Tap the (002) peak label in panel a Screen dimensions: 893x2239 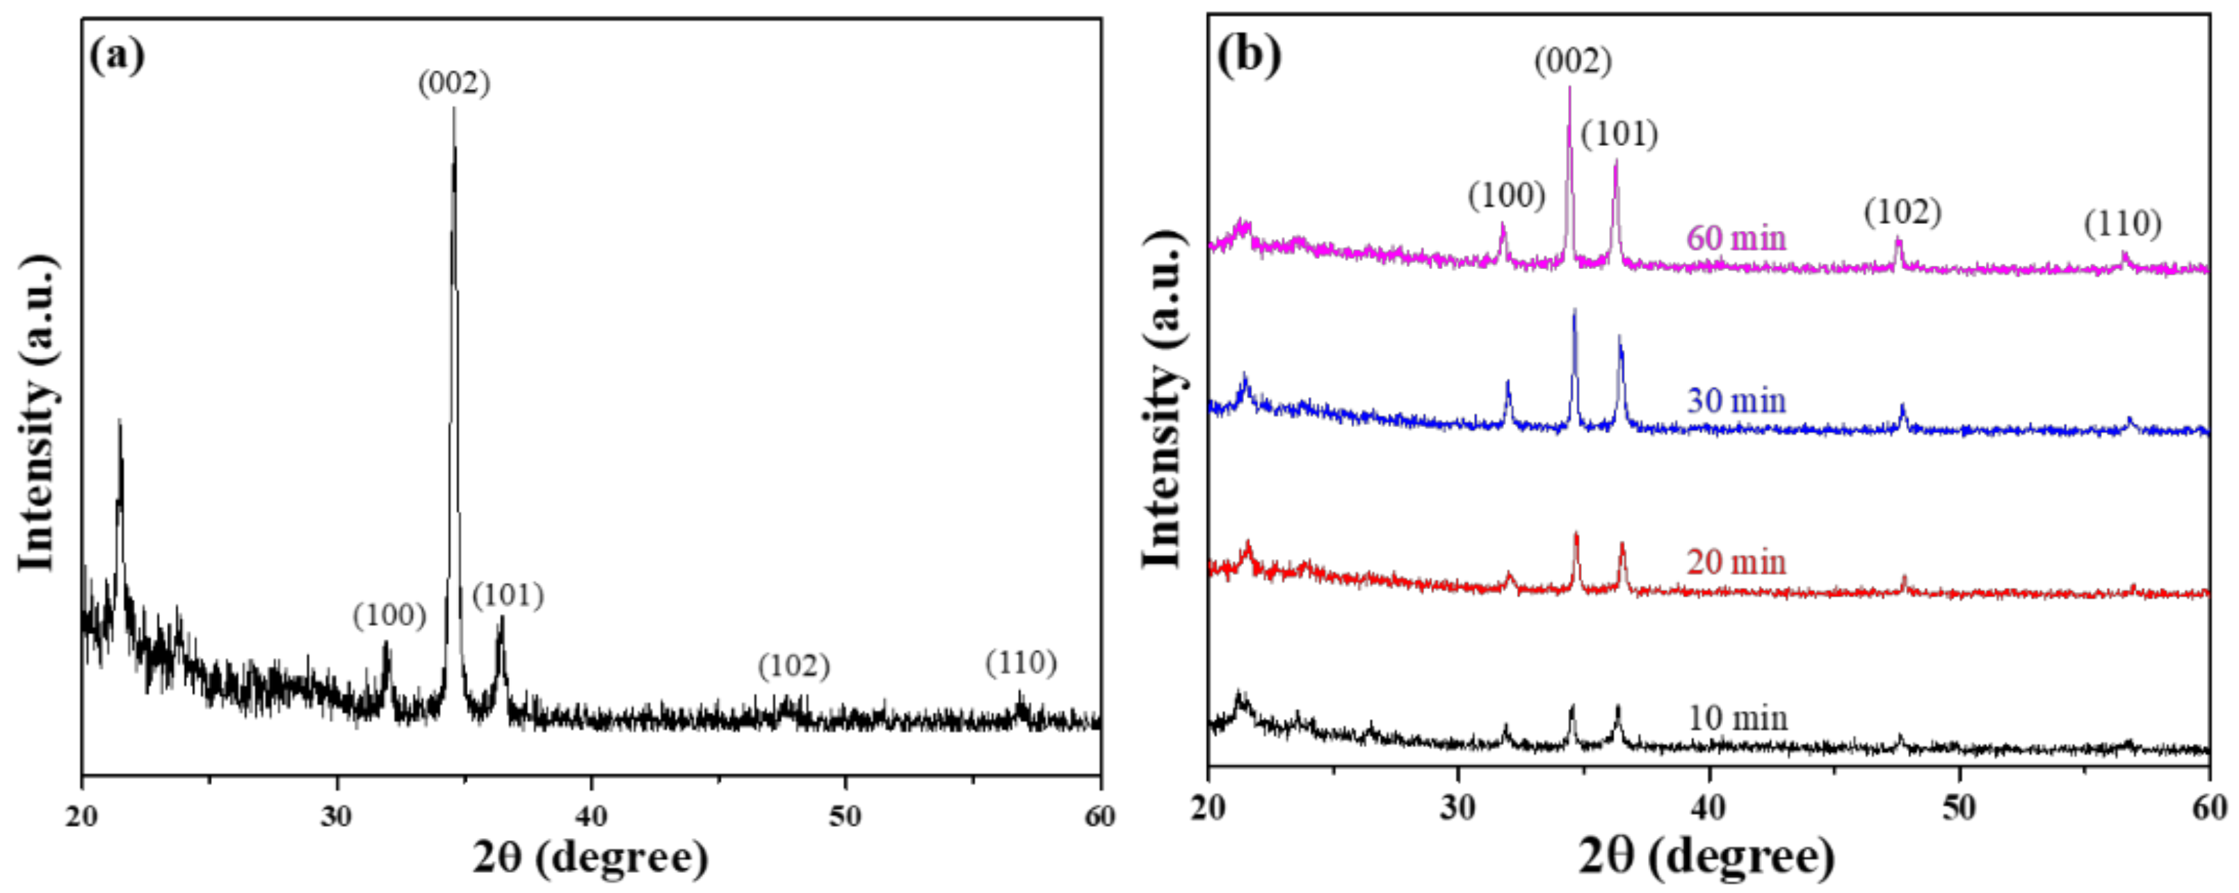[x=453, y=83]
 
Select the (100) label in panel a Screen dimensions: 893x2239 [x=389, y=616]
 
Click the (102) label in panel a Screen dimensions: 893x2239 [x=793, y=666]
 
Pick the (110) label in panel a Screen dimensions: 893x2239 [x=1021, y=663]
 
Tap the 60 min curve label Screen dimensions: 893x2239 [x=1736, y=237]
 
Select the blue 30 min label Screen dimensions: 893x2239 [x=1736, y=401]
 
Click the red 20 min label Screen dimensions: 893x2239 [x=1736, y=562]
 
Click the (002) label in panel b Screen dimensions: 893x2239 [x=1572, y=62]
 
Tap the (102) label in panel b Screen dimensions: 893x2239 [x=1902, y=212]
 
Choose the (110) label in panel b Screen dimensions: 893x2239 [x=2122, y=225]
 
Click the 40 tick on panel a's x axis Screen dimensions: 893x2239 [x=591, y=816]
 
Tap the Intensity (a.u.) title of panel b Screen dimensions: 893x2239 [x=1162, y=400]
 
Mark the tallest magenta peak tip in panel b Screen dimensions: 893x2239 [x=1570, y=87]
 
